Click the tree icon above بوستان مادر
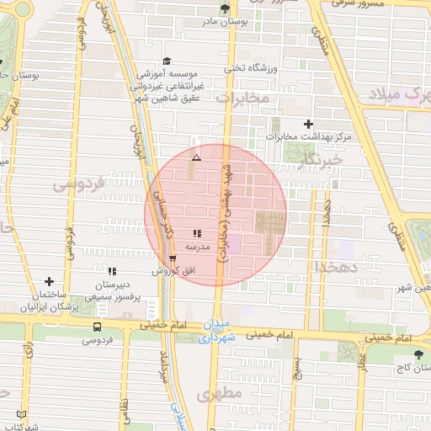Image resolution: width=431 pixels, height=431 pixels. [x=224, y=9]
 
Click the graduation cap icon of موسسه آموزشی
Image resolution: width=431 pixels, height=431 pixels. [x=167, y=61]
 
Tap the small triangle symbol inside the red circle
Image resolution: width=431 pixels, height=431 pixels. [x=196, y=157]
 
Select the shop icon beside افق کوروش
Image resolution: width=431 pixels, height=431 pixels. [x=173, y=258]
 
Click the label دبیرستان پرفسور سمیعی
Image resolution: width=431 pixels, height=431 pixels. [x=112, y=292]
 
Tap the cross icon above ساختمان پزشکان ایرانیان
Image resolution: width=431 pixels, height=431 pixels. [x=49, y=282]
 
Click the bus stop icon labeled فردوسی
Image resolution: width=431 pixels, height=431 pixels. [x=98, y=327]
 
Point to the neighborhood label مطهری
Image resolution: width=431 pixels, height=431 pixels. [x=219, y=394]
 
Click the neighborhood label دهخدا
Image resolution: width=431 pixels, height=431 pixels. [x=338, y=266]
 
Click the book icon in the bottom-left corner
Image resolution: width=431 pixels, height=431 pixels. [x=22, y=415]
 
